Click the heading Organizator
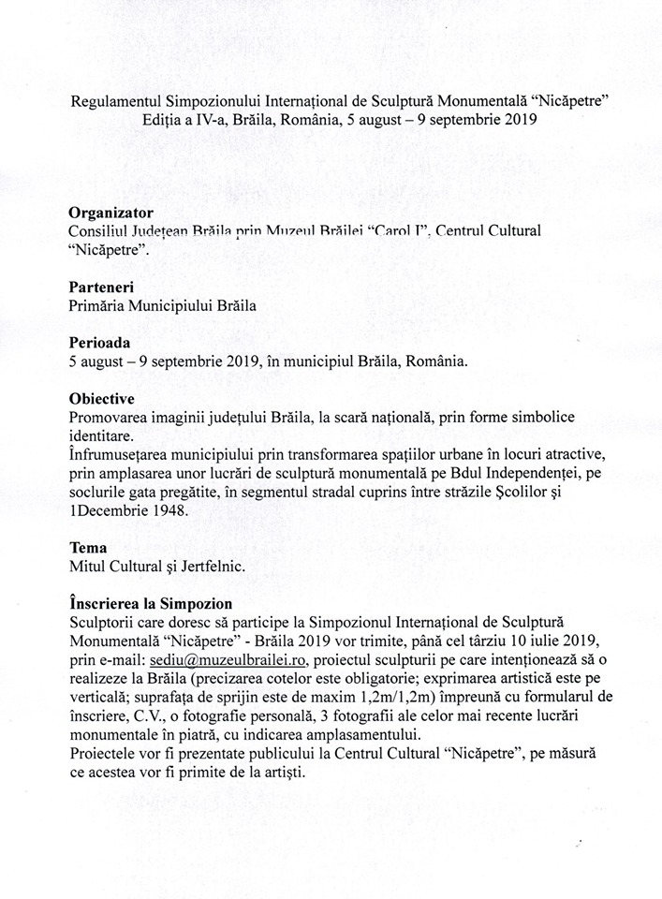click(110, 214)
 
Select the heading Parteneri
click(100, 287)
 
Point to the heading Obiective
click(101, 398)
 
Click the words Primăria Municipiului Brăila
click(162, 305)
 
